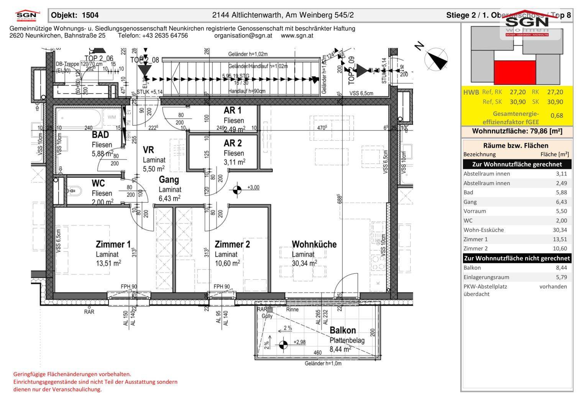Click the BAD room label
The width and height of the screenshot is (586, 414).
pyautogui.click(x=100, y=135)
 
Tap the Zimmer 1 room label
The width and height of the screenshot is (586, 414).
pyautogui.click(x=113, y=244)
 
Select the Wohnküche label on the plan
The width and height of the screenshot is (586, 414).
pyautogui.click(x=314, y=244)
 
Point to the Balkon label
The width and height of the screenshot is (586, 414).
pyautogui.click(x=343, y=330)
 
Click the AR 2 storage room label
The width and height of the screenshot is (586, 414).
pyautogui.click(x=233, y=143)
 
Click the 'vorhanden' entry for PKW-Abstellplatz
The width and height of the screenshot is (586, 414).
pyautogui.click(x=553, y=286)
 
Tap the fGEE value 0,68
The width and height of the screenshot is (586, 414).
pyautogui.click(x=556, y=115)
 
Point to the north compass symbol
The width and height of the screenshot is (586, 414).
pyautogui.click(x=436, y=58)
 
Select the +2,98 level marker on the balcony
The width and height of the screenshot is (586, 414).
pyautogui.click(x=283, y=344)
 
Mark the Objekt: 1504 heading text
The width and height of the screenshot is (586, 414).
pyautogui.click(x=75, y=15)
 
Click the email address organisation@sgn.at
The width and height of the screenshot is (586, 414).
pyautogui.click(x=243, y=36)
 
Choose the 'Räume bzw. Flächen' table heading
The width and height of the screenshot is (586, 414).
pyautogui.click(x=515, y=145)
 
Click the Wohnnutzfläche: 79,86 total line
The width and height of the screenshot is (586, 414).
pyautogui.click(x=517, y=131)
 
